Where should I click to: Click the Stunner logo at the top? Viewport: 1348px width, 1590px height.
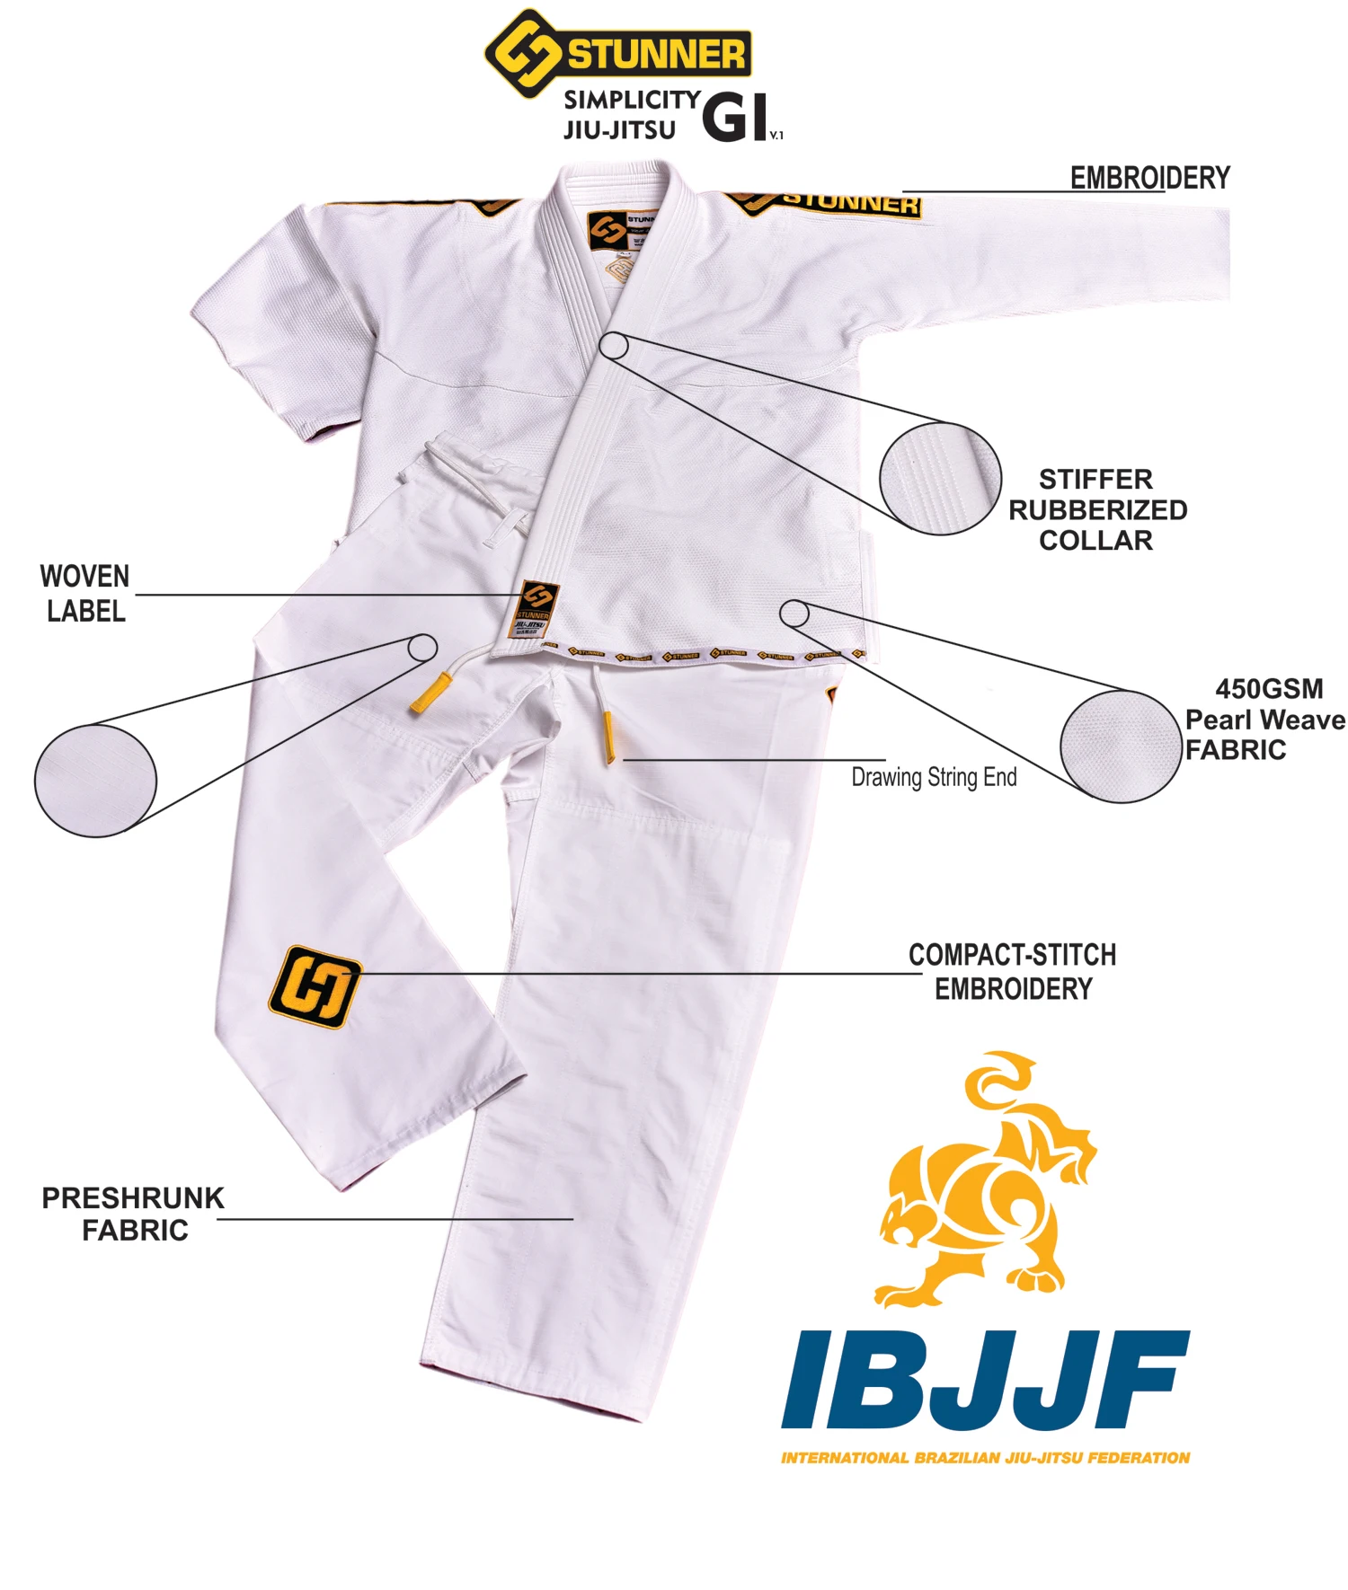point(617,54)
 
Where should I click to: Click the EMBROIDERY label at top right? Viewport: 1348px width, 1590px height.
point(1149,178)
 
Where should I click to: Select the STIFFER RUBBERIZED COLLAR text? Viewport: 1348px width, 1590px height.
point(1096,509)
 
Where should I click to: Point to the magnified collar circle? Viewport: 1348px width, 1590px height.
point(940,479)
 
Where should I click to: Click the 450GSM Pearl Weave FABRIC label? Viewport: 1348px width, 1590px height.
point(1264,719)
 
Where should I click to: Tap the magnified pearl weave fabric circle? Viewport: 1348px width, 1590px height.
point(1120,746)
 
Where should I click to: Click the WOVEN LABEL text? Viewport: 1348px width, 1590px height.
point(85,593)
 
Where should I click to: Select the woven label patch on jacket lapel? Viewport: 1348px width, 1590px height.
point(535,610)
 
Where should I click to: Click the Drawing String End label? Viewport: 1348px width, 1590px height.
point(934,777)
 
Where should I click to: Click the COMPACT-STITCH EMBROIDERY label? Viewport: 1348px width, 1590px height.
point(1013,971)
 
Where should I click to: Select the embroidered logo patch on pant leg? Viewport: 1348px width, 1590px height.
point(315,986)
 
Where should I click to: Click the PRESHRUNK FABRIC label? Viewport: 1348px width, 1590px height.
point(133,1214)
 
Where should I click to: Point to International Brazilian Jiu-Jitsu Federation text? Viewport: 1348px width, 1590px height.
point(985,1457)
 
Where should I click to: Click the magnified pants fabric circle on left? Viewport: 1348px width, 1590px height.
point(95,781)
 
